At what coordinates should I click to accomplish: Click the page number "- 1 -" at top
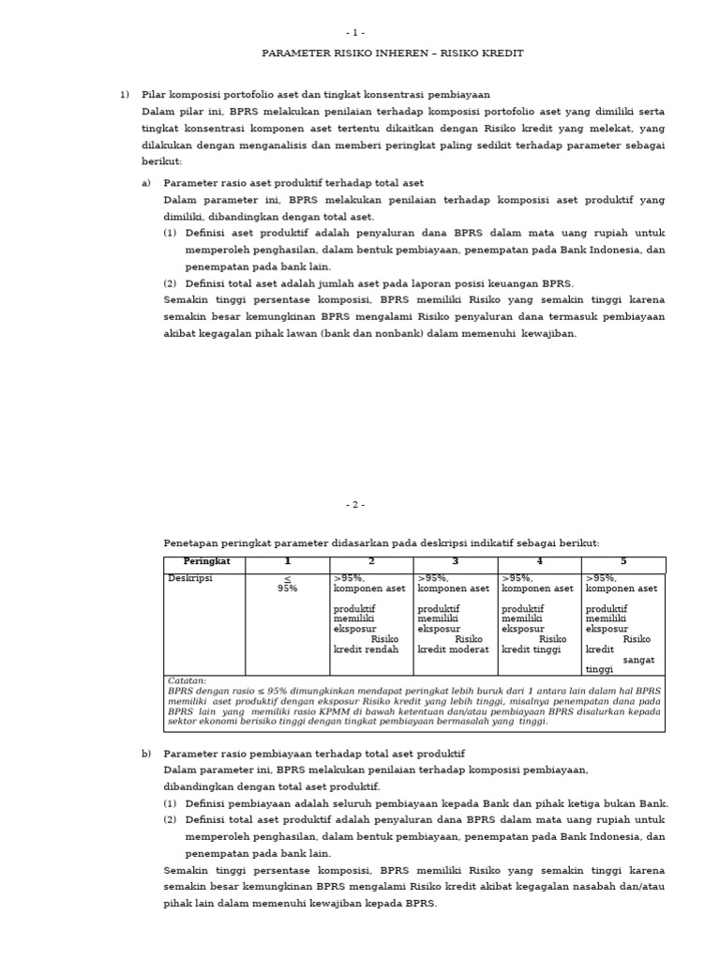point(355,33)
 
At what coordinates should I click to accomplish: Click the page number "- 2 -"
point(355,504)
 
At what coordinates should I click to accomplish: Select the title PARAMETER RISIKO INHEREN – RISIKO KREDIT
point(392,53)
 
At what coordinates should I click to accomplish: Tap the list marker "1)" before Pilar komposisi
point(125,95)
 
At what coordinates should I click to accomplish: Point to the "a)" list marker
point(146,183)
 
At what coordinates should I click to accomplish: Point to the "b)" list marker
point(146,754)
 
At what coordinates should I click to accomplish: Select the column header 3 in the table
point(455,562)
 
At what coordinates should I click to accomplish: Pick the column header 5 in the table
point(623,562)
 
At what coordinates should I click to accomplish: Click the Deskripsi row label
point(190,579)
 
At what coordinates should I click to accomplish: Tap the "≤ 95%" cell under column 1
point(287,584)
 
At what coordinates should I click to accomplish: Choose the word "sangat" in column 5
point(639,660)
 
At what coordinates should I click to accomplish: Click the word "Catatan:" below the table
point(187,681)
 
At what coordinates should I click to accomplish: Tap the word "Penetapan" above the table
point(190,543)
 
